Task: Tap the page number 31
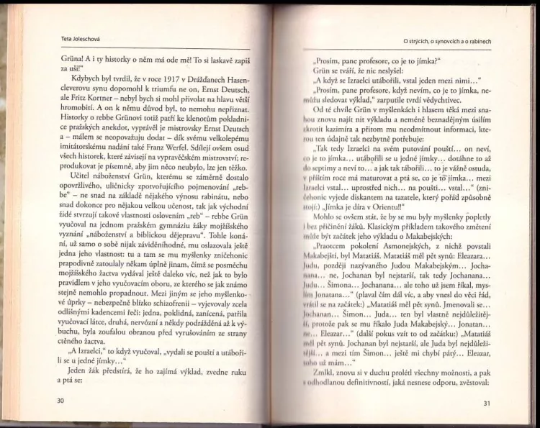pyautogui.click(x=487, y=403)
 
